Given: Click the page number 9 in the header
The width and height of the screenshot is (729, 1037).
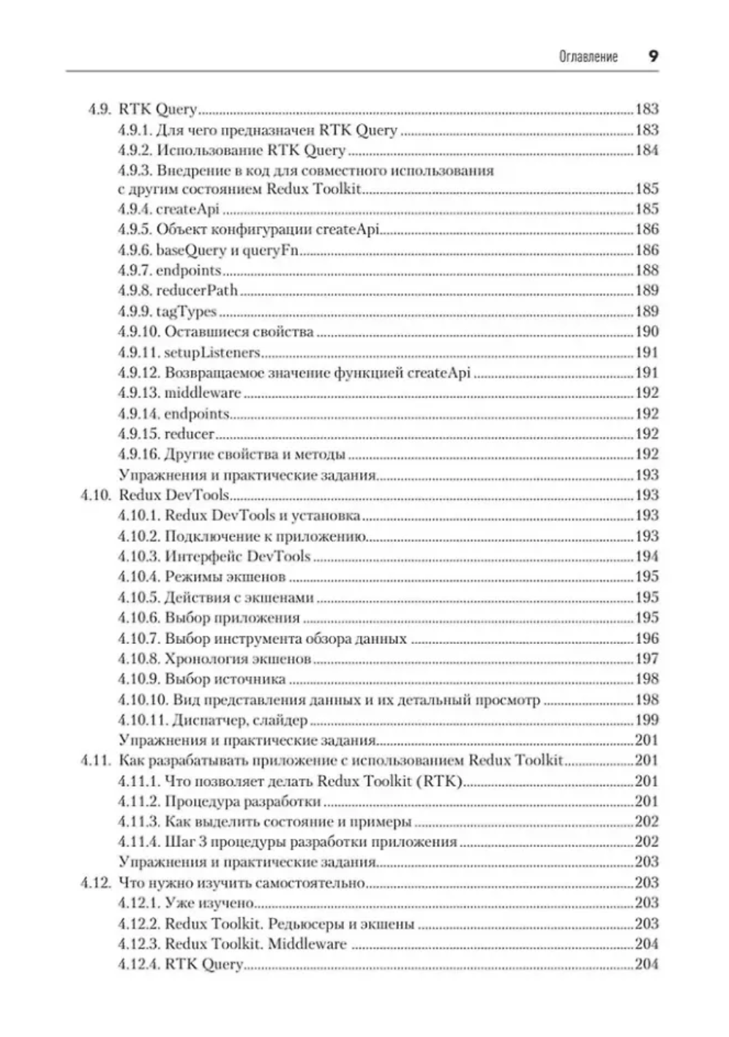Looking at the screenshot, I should point(653,56).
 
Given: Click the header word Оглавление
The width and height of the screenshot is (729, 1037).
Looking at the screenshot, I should point(588,57).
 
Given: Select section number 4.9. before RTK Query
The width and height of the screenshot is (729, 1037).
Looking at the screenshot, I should point(99,109).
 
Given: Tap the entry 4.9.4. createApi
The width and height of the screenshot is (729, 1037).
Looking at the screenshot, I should point(168,209).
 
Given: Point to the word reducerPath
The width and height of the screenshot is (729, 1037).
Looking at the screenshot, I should point(197,291).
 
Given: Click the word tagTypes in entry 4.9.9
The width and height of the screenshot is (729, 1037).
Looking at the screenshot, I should point(187,311).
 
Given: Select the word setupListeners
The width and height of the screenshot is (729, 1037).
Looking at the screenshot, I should point(212,352).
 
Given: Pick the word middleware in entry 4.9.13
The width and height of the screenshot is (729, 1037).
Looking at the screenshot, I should point(203,393).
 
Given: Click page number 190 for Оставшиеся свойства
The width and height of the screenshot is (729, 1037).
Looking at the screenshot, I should point(646,332).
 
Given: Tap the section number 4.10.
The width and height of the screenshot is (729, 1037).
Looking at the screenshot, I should point(95,495).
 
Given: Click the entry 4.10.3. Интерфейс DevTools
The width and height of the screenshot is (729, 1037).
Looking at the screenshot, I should point(214,556).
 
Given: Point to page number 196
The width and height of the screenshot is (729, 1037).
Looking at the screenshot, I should point(646,638).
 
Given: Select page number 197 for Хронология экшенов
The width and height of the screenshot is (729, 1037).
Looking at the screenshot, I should point(646,659).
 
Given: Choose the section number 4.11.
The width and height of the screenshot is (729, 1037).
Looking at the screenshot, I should point(95,760).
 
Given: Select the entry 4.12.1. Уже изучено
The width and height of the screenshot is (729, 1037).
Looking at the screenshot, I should point(186,903).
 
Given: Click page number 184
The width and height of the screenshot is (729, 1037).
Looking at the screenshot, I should point(646,150).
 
